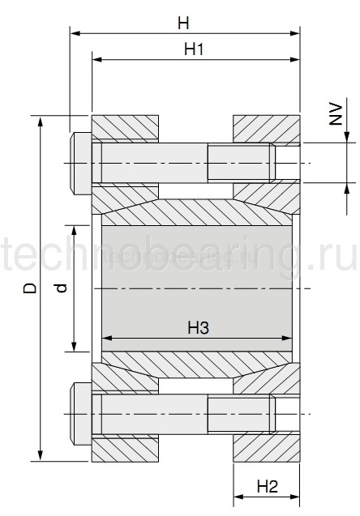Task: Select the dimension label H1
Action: (193, 49)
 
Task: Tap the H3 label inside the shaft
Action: (199, 327)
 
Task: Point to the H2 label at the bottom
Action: (267, 487)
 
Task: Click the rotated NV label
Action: (335, 118)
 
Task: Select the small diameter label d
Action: (61, 287)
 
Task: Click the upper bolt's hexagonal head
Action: (80, 164)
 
